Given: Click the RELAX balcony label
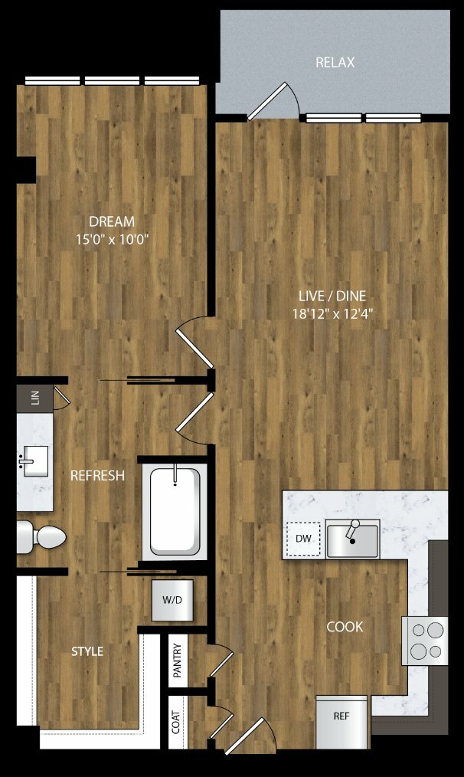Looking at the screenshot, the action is [335, 62].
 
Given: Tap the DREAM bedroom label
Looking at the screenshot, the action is [112, 221].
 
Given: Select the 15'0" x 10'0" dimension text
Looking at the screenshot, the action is [112, 240].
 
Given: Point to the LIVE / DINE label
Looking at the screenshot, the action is [332, 296].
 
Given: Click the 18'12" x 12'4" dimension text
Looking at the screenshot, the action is [332, 313].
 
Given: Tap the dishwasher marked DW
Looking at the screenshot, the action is [303, 539].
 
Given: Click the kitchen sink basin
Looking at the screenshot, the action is [352, 539].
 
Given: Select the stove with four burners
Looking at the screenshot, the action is [425, 641].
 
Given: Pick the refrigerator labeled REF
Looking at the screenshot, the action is [341, 722].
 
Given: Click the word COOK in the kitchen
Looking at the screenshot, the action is [345, 627].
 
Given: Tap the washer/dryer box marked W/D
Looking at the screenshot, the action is [172, 599].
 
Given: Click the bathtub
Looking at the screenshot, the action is [175, 511].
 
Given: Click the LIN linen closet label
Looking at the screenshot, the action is [34, 398].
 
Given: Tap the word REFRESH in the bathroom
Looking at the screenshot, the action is [97, 476].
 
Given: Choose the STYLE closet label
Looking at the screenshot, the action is [87, 651].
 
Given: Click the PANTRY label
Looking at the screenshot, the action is [178, 661].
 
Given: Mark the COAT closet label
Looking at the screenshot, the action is [176, 722].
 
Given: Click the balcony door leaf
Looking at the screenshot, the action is [267, 101].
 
